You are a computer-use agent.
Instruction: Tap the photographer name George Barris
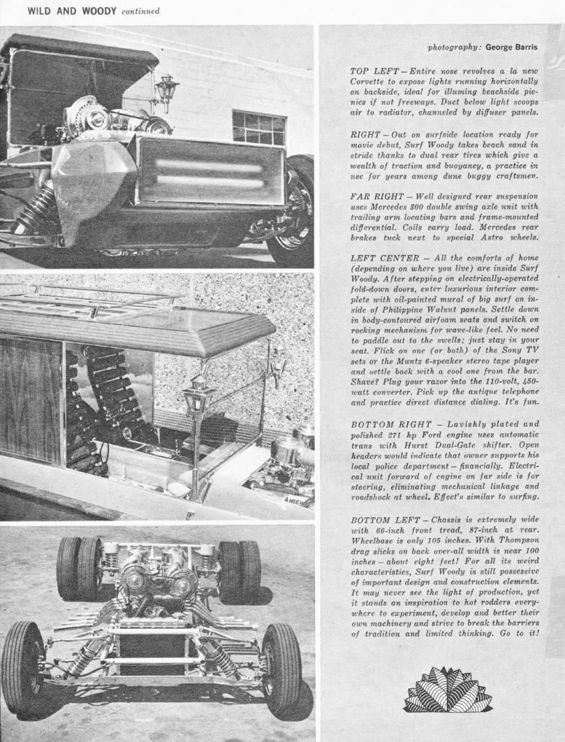pyautogui.click(x=511, y=47)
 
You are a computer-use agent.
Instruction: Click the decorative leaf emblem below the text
pyautogui.click(x=448, y=690)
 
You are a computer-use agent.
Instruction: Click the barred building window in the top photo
pyautogui.click(x=258, y=128)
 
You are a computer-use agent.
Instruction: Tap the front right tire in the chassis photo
pyautogui.click(x=281, y=666)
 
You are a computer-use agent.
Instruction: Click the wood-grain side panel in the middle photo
pyautogui.click(x=31, y=400)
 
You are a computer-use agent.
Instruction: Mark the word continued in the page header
pyautogui.click(x=140, y=11)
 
